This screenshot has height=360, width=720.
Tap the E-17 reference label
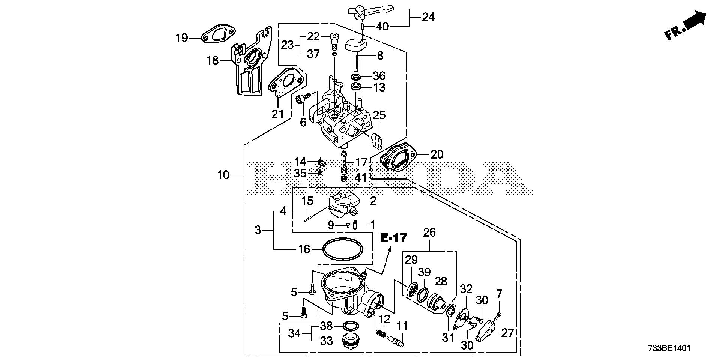pos(394,237)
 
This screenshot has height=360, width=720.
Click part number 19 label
pos(182,38)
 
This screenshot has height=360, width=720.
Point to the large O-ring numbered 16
pos(81,249)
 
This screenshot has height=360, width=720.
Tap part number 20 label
pos(436,154)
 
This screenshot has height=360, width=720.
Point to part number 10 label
pos(223,175)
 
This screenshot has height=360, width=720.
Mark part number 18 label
pos(213,60)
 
